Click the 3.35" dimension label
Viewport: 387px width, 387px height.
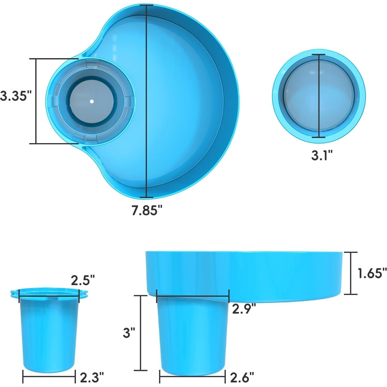(16, 96)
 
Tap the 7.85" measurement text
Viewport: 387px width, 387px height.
(147, 210)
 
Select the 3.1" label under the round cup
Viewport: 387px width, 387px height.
(321, 155)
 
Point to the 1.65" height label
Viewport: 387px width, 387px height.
(372, 273)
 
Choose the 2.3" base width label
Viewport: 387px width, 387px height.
(92, 378)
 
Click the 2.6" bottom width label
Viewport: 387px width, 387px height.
(242, 378)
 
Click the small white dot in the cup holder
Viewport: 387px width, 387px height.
(92, 101)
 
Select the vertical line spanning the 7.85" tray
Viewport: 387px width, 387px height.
(146, 103)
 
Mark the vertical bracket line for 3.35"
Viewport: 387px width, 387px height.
(36, 101)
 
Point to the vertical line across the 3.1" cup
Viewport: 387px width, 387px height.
(318, 96)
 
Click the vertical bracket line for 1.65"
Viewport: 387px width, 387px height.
(351, 273)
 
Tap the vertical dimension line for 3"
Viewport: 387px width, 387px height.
(141, 333)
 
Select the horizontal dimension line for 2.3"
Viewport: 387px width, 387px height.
(49, 377)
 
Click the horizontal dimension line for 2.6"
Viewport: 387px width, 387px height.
(193, 377)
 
